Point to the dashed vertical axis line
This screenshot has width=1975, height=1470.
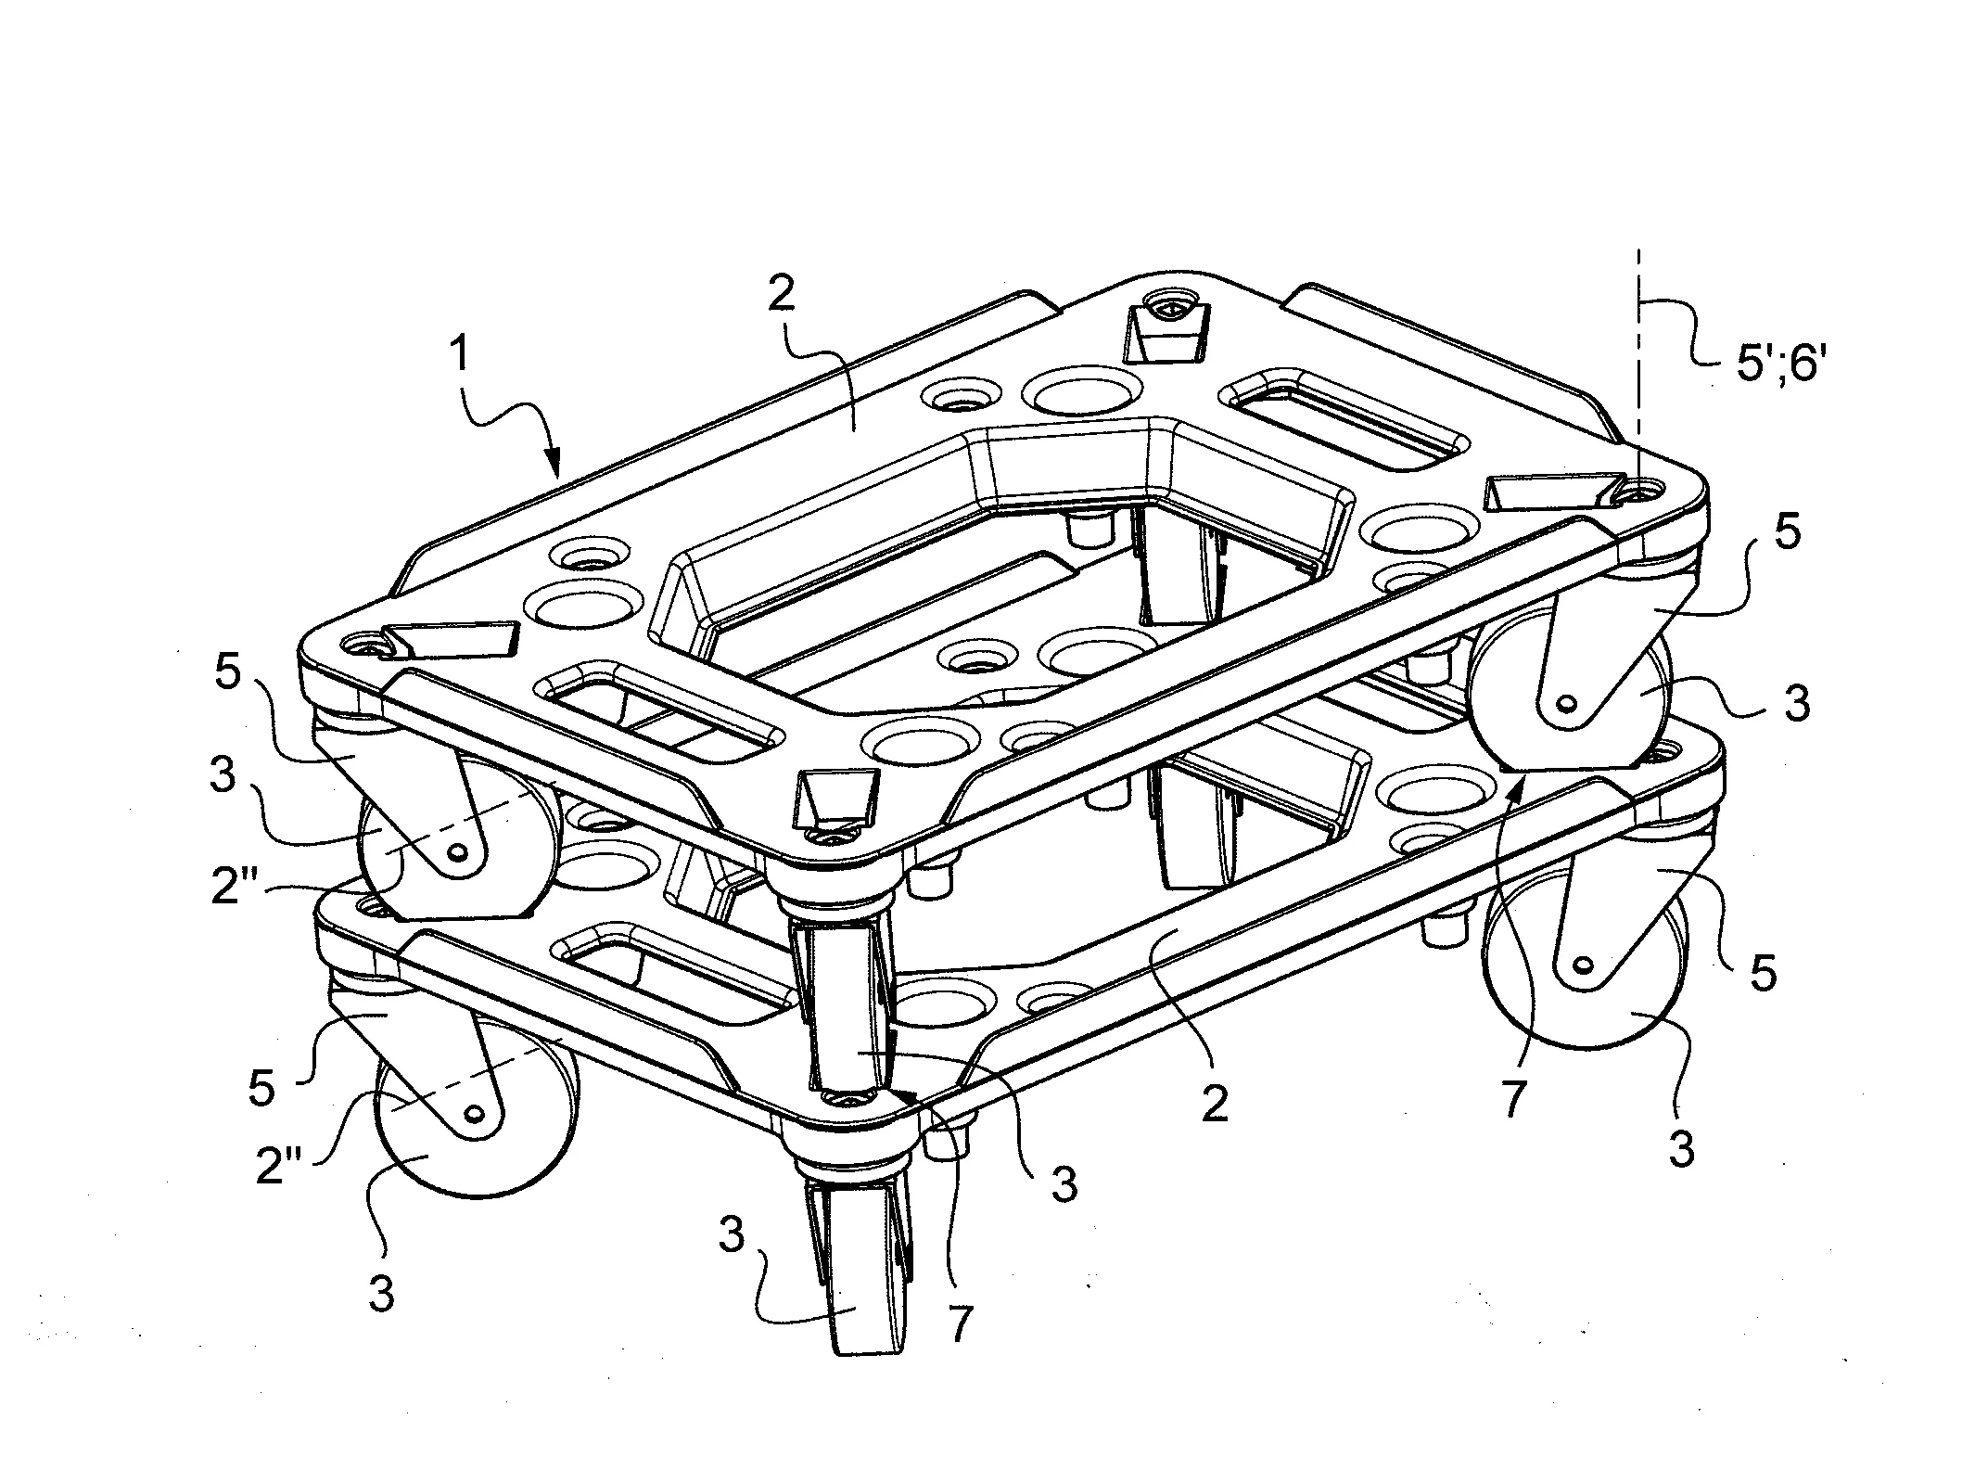click(1638, 371)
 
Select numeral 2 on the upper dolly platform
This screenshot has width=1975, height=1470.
click(782, 294)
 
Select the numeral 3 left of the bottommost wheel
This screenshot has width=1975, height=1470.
click(732, 1235)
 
